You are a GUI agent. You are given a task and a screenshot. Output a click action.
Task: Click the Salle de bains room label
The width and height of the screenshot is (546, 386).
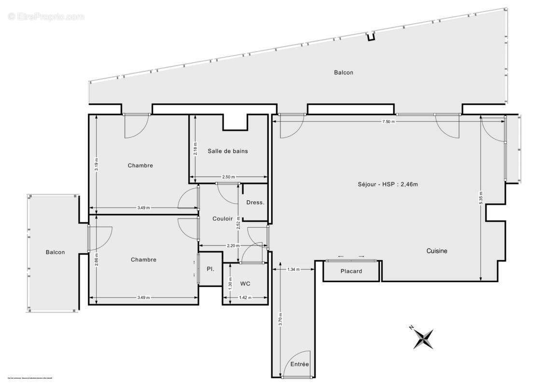[x=228, y=151]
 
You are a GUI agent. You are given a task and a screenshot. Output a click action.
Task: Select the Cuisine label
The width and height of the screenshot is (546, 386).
[x=436, y=251]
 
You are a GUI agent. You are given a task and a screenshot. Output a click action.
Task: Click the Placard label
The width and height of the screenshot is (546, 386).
[x=351, y=271]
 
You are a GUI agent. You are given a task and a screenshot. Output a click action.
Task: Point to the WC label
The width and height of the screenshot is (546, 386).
[x=245, y=284]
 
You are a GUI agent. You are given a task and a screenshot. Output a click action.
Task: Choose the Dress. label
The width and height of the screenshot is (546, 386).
[x=255, y=203]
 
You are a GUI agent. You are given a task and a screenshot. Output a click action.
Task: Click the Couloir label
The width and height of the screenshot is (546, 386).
[x=223, y=219]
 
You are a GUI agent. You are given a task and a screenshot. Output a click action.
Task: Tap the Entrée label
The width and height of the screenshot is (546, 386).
[x=299, y=364]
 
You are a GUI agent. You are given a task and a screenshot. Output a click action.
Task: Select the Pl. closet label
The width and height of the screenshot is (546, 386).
[x=210, y=269]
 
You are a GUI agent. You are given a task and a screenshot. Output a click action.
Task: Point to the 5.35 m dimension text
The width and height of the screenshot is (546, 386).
[x=481, y=198]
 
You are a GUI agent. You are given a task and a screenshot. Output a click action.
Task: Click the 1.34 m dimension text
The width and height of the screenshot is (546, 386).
[x=293, y=269]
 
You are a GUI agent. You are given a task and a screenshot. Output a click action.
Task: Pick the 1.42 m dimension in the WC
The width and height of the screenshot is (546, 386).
[x=245, y=298]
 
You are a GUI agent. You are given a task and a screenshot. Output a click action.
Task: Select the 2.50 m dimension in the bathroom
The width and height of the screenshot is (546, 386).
[x=228, y=177]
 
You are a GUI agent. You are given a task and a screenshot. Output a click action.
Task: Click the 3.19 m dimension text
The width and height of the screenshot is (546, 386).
[x=97, y=165]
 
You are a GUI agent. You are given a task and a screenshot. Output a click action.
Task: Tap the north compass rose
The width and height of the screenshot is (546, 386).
[x=423, y=338]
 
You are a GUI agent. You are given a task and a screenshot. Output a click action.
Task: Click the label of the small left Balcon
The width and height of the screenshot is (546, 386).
[x=55, y=252]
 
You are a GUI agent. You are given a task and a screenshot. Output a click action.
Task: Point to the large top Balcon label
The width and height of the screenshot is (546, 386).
[x=343, y=73]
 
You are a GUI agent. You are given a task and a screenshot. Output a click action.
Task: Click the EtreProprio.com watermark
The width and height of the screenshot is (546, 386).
[x=46, y=16]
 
